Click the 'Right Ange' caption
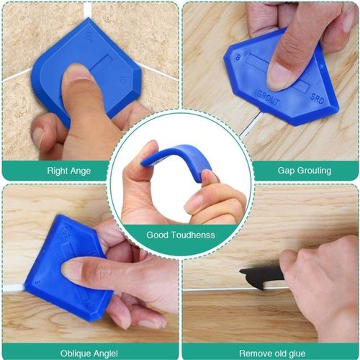pos(69,171)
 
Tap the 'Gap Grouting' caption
pos(304,171)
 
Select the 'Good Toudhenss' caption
pos(180,235)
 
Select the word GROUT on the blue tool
pos(270,93)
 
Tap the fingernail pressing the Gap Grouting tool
pos(279,75)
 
